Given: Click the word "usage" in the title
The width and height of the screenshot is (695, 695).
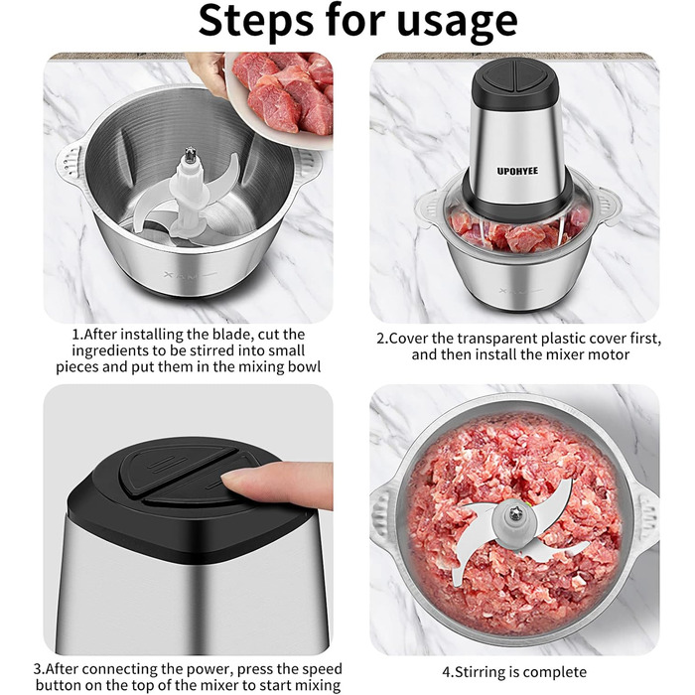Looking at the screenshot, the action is (x=458, y=22).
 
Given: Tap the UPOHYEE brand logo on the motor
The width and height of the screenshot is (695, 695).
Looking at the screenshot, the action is (x=517, y=171).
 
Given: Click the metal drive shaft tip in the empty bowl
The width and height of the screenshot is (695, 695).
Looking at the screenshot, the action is (x=191, y=155).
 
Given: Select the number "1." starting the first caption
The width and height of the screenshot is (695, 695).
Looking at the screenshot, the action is (x=78, y=335).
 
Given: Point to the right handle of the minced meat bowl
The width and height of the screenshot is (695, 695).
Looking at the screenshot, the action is (x=645, y=513).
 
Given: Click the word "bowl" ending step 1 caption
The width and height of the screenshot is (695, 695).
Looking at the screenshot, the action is (x=305, y=367).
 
